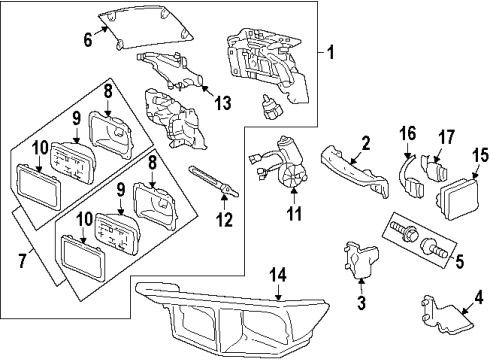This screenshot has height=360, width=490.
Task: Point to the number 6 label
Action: [87, 39]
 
